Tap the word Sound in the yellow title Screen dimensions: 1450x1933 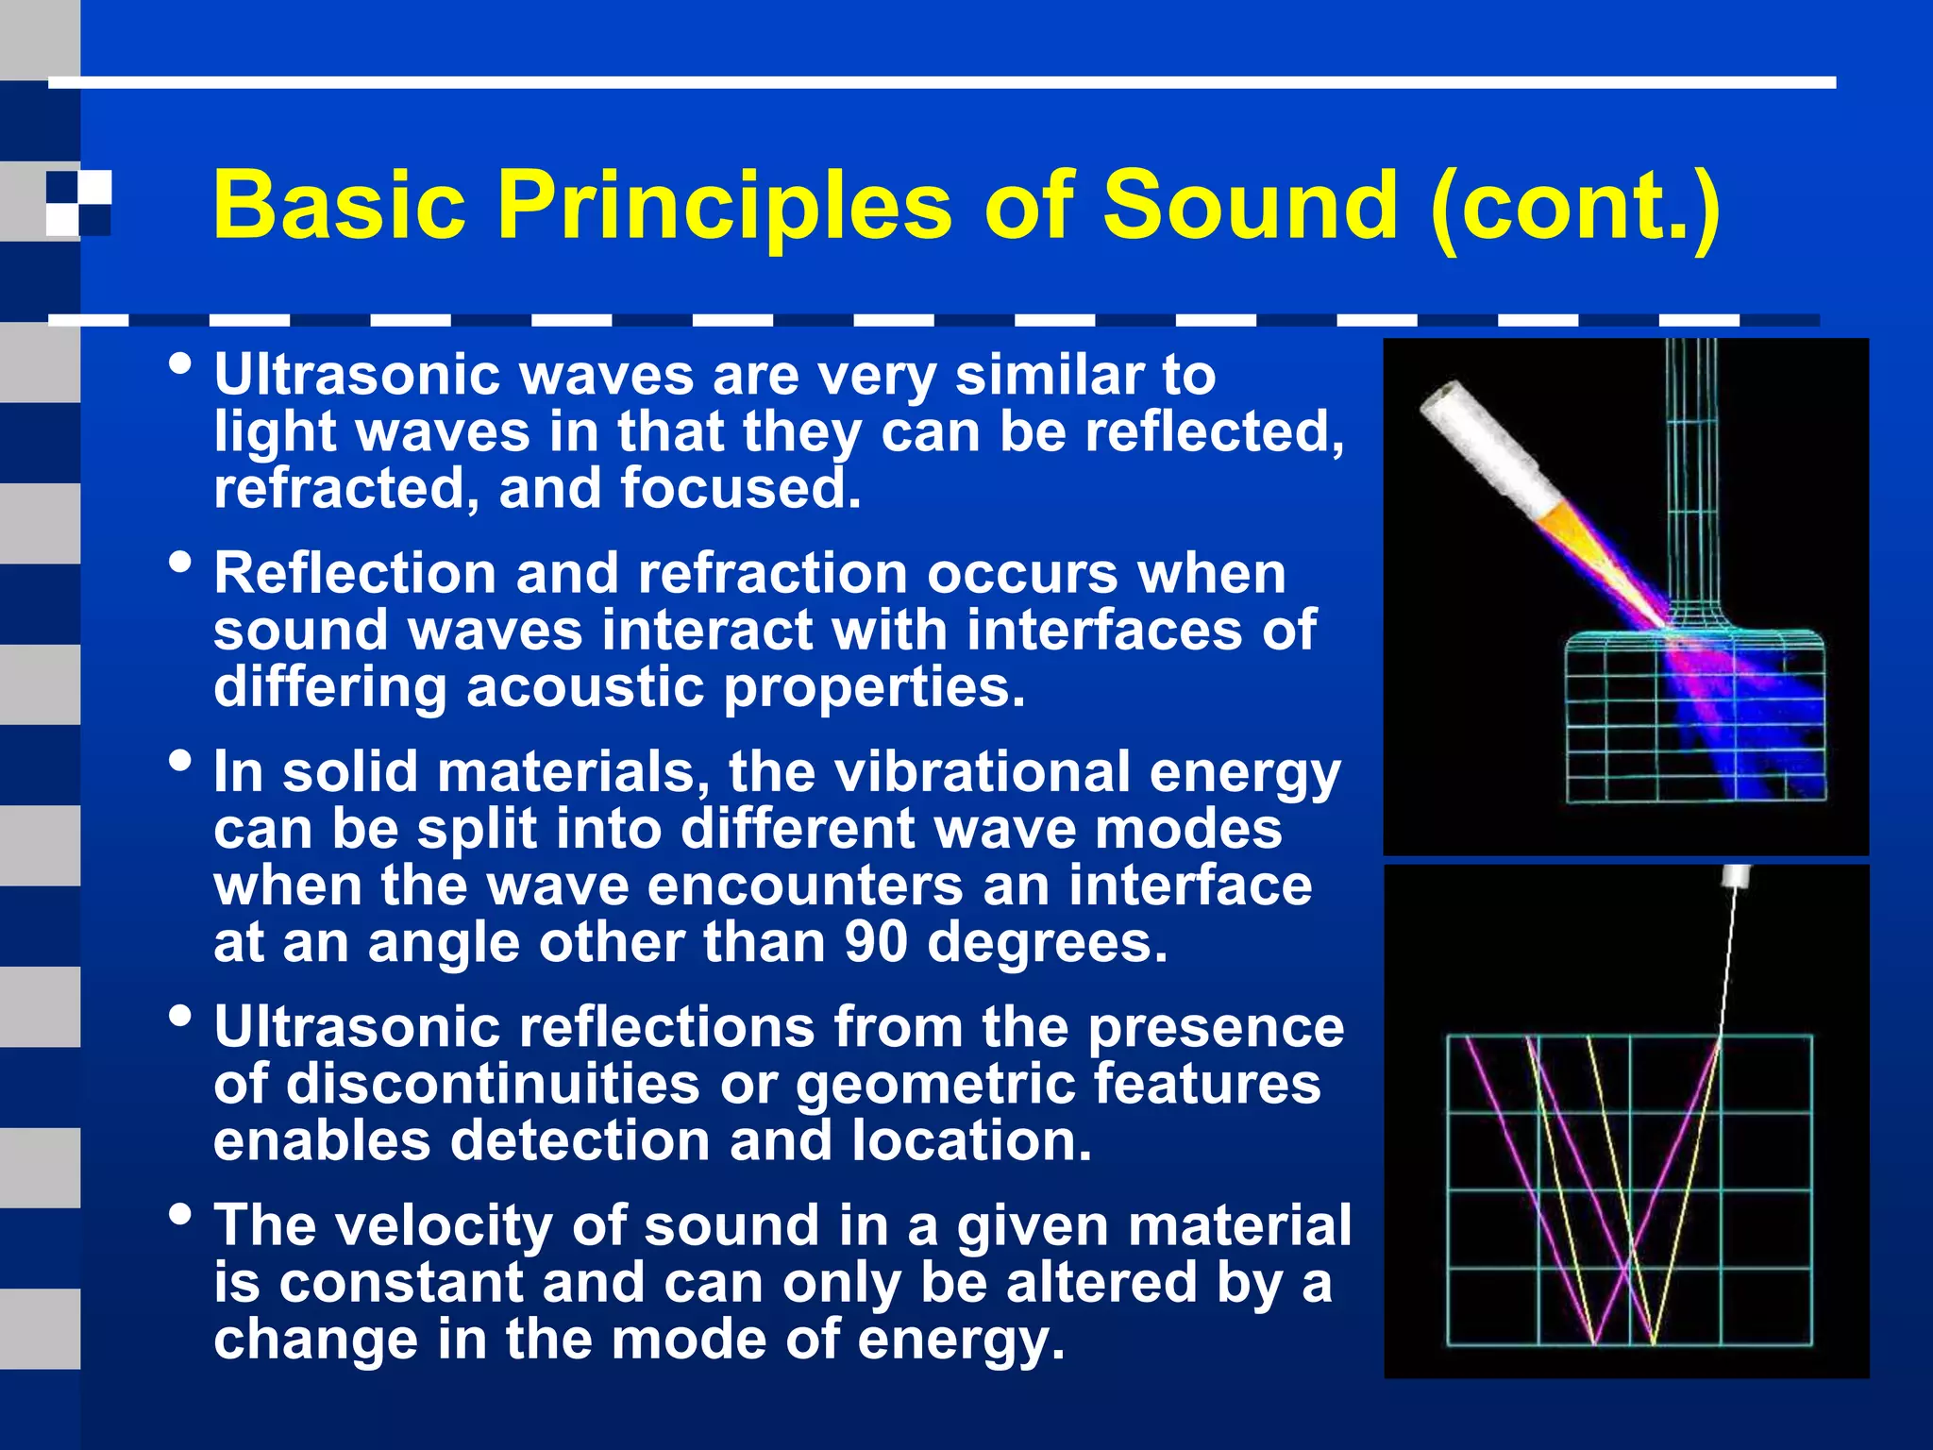point(1250,205)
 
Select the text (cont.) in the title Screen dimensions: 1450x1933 point(1575,205)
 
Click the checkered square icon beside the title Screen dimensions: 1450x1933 point(78,203)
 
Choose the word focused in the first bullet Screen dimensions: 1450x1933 point(740,489)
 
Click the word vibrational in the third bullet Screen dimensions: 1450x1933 point(982,771)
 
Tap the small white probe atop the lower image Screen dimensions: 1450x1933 point(1736,877)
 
